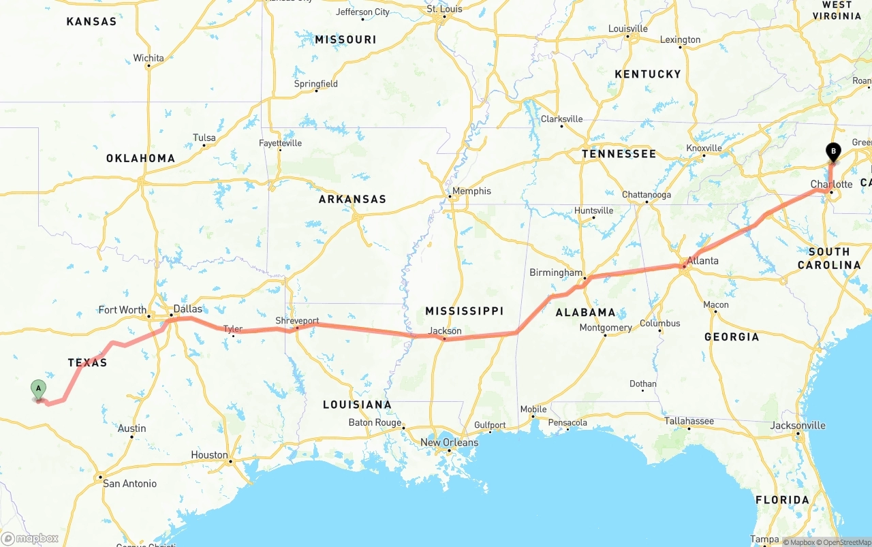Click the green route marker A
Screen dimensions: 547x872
(39, 389)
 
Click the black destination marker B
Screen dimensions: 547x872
(832, 152)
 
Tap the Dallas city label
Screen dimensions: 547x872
(188, 309)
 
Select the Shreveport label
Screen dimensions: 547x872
(297, 320)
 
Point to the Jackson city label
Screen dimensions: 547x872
(445, 331)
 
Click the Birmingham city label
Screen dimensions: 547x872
(556, 272)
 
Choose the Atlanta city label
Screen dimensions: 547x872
(702, 260)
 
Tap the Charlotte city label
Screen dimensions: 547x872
(831, 184)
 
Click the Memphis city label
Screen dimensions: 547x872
(471, 191)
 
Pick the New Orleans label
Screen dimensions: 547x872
(449, 442)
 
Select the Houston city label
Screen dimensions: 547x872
(209, 454)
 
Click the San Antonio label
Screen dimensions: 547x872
(129, 484)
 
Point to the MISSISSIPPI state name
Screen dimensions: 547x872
(464, 311)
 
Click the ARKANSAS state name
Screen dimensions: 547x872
(352, 199)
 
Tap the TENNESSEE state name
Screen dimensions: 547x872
(619, 154)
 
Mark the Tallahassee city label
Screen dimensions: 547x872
(689, 421)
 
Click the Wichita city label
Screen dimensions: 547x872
(149, 58)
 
